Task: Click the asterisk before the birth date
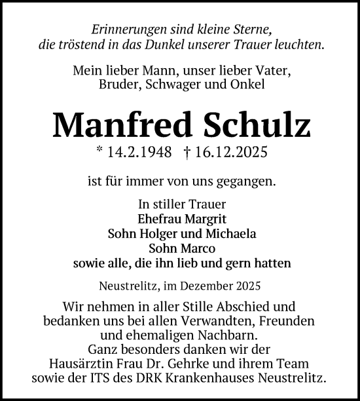[x=99, y=151]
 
